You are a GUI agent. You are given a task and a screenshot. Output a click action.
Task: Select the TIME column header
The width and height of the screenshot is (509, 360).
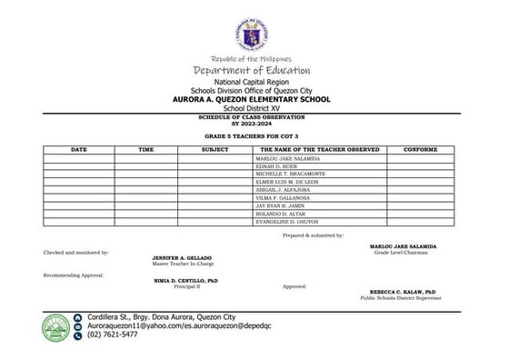pos(145,147)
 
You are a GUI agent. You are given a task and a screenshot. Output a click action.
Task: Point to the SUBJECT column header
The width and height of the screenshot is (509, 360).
pos(215,147)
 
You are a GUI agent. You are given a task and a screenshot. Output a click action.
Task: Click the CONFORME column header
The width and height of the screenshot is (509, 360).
pos(420,147)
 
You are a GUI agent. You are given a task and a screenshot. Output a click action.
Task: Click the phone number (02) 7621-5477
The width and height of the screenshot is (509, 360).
pos(113,335)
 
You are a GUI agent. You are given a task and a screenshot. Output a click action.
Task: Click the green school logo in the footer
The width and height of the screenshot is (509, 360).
pos(57,324)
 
